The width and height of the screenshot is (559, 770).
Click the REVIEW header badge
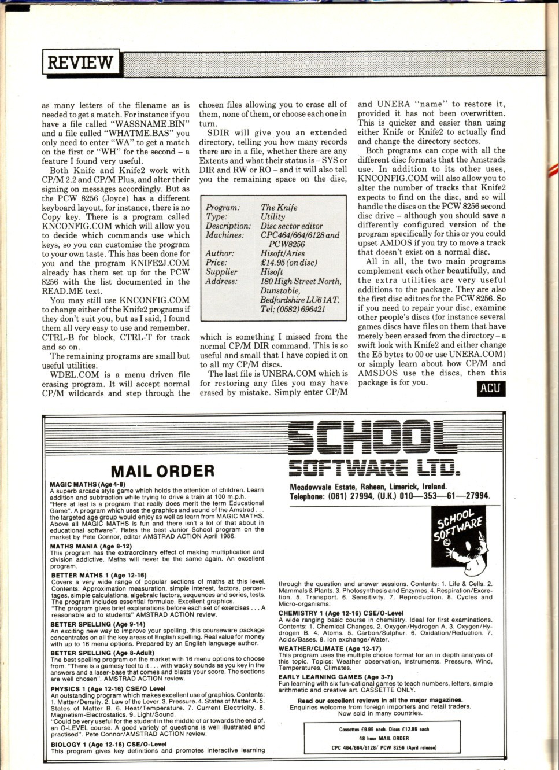(80, 62)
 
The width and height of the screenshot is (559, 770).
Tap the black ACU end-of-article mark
(490, 388)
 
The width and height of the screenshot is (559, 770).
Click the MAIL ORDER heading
(162, 471)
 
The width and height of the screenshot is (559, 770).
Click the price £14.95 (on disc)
(288, 263)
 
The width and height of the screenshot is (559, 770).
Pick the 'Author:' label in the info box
(220, 253)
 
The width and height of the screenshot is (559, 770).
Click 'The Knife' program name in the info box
(279, 207)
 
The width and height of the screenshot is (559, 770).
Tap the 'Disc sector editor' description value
(291, 226)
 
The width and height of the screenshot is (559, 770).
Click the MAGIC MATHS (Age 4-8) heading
(88, 484)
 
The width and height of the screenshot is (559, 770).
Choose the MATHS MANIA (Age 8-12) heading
(91, 546)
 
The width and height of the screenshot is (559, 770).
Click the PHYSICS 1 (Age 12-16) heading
(108, 689)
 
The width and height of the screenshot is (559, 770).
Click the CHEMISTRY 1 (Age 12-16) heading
(340, 613)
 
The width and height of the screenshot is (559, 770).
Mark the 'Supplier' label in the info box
(221, 272)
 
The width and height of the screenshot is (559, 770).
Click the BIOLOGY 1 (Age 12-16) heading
(108, 745)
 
